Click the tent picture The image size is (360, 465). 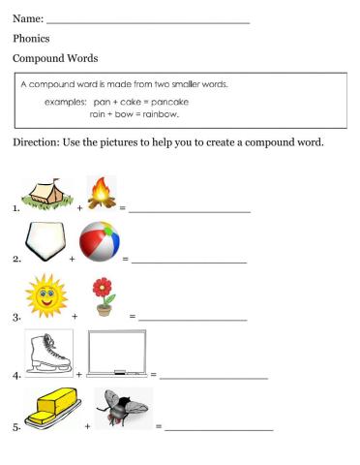[x=45, y=194]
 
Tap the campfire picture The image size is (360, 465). [x=101, y=192]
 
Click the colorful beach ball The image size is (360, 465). [x=100, y=242]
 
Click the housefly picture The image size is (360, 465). [x=125, y=410]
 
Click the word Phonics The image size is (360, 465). [x=32, y=39]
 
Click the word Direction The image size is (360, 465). [x=38, y=142]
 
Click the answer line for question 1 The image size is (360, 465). [x=191, y=209]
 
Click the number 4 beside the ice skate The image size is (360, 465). [x=16, y=375]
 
